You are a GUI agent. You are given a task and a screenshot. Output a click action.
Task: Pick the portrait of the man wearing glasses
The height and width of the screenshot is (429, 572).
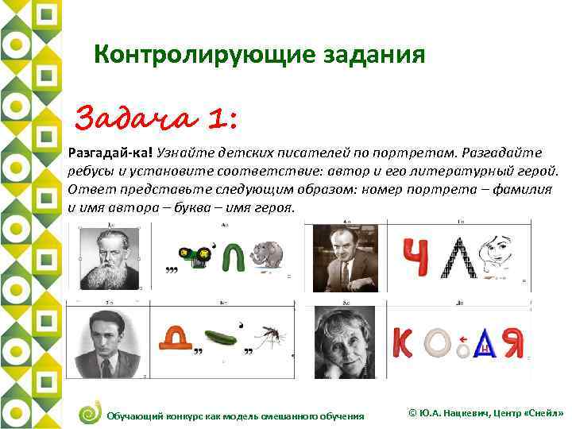click(345, 258)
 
